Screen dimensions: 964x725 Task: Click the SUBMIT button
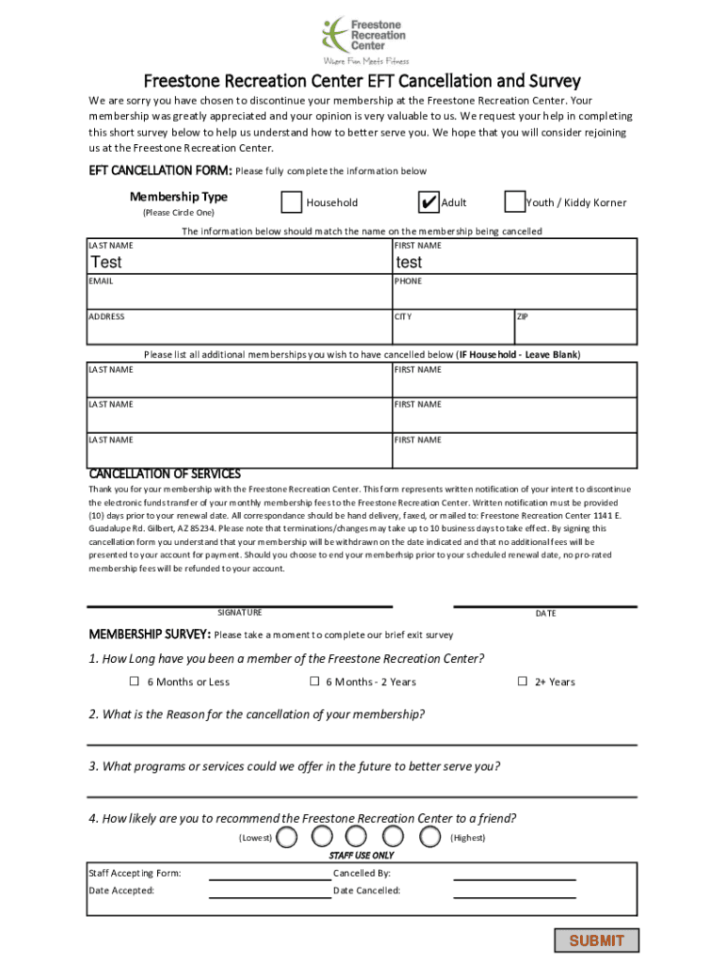pos(596,940)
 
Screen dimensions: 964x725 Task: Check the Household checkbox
pos(292,202)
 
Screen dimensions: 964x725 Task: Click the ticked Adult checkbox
pos(427,202)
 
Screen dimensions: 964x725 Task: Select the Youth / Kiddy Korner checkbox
pos(515,202)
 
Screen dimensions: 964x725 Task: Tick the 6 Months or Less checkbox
pos(134,682)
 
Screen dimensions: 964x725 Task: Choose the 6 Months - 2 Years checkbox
pos(314,682)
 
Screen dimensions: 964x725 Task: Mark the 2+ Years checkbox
pos(522,682)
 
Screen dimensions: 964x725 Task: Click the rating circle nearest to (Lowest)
pos(290,837)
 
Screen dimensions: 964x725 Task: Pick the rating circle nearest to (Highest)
pos(431,837)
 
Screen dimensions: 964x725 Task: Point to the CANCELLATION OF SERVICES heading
pos(165,474)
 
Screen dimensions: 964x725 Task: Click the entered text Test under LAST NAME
pos(106,263)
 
